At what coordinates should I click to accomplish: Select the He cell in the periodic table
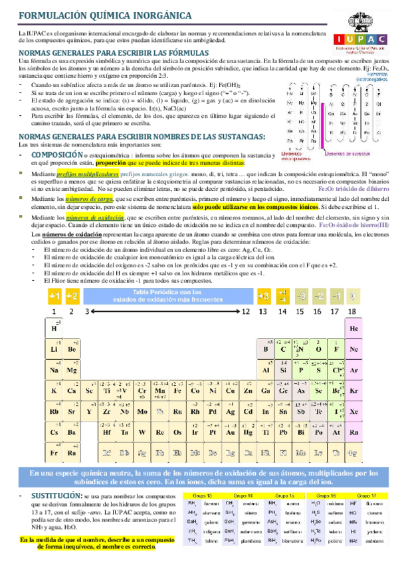click(x=353, y=329)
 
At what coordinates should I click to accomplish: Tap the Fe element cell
click(x=177, y=390)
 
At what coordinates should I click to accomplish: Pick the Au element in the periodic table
click(x=229, y=432)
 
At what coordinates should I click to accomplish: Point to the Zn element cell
click(x=247, y=390)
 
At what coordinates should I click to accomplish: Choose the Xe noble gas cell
click(x=353, y=411)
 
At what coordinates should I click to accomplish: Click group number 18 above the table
click(x=353, y=311)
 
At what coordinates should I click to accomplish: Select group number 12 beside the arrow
click(x=246, y=311)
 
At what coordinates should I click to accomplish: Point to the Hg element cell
click(x=247, y=432)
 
